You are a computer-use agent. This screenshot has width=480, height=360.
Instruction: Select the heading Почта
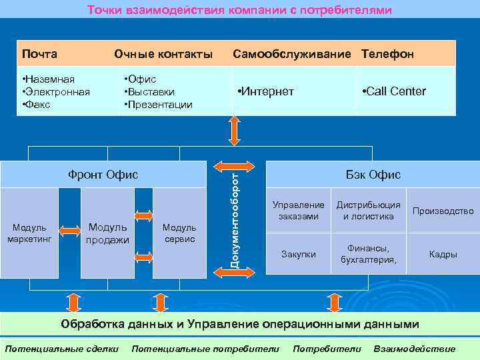[39, 53]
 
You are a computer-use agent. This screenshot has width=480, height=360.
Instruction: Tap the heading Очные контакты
[163, 53]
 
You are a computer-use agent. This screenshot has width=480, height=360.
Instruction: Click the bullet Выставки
[151, 92]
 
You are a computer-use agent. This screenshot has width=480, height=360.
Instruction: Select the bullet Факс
[37, 105]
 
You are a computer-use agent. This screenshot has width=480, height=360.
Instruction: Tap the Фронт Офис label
[103, 175]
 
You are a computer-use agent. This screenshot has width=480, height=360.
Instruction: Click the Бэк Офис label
[373, 175]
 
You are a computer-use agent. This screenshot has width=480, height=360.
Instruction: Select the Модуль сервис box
[179, 233]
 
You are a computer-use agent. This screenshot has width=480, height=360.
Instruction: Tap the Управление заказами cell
[299, 211]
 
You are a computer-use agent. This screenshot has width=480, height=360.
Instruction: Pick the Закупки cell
[299, 254]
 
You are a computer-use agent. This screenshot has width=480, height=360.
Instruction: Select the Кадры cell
[443, 254]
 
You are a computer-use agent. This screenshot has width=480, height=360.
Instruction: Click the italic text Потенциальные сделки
[62, 349]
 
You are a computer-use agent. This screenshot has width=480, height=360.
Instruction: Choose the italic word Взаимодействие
[415, 349]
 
